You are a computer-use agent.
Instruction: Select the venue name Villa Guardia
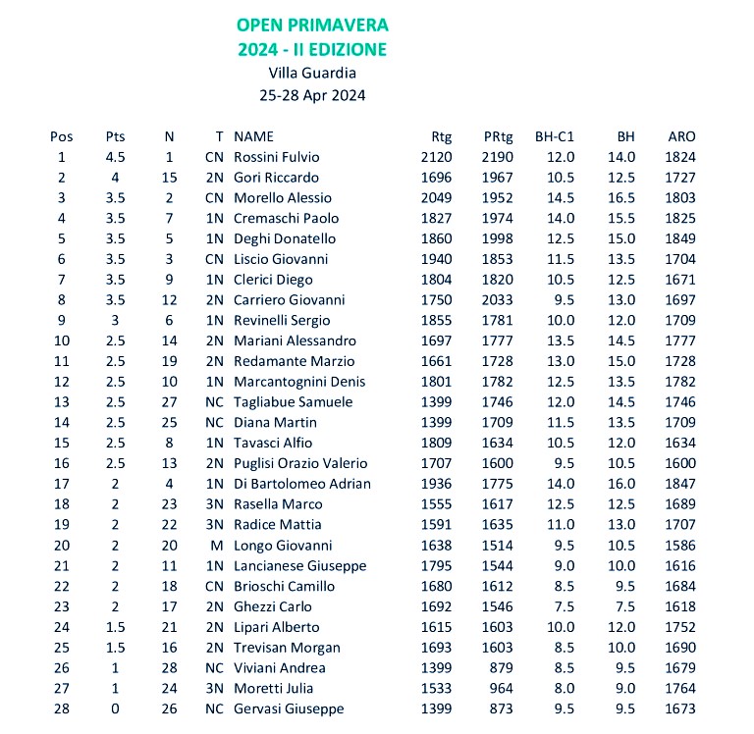point(312,72)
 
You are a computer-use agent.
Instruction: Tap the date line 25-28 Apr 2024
point(312,95)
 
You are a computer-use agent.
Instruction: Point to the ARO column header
point(681,136)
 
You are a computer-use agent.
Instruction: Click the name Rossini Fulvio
point(277,157)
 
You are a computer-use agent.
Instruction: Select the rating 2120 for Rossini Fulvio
point(436,157)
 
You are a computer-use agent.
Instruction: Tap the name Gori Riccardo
point(276,178)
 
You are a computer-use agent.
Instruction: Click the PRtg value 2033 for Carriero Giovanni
point(497,300)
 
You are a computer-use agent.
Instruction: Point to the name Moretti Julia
point(271,689)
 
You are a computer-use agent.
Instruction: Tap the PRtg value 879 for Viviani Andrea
point(502,668)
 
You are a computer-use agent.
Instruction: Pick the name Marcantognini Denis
point(299,382)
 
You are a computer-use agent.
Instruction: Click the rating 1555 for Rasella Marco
point(436,504)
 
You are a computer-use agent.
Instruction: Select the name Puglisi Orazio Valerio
point(300,463)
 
